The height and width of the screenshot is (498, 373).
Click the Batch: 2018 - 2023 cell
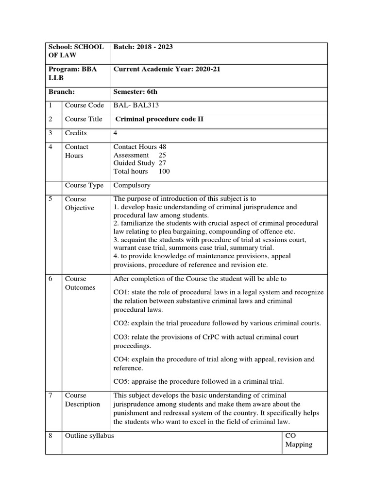pos(143,47)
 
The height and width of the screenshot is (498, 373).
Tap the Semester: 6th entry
pos(136,91)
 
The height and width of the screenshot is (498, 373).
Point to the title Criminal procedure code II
pos(158,119)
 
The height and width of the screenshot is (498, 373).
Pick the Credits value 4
pos(116,133)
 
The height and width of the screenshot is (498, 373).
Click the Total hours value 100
pos(164,171)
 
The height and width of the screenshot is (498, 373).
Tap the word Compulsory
pos(132,185)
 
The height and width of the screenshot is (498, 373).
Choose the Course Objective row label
pos(80,203)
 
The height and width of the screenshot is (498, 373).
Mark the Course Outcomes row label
pos(80,283)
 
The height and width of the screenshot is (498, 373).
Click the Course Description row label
pos(82,400)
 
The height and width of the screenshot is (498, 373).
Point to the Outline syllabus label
pos(89,436)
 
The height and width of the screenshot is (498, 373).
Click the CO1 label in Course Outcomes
pos(121,292)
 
